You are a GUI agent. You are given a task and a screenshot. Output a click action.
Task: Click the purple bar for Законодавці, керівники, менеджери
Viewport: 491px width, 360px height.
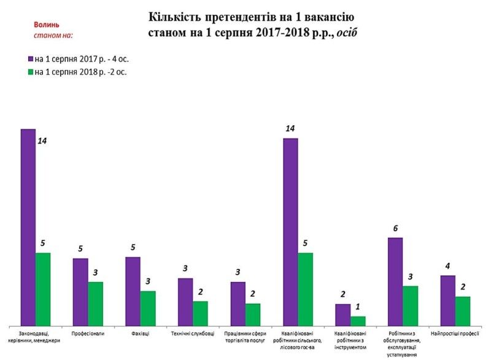pos(28,227)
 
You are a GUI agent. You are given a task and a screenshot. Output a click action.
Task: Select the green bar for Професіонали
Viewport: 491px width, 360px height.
pos(96,304)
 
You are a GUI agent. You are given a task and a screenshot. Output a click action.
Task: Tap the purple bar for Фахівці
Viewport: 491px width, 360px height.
pos(133,291)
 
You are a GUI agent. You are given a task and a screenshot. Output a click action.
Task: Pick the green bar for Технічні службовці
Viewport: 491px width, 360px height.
pos(200,313)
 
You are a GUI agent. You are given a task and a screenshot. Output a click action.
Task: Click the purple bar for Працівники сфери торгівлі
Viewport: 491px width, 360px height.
pos(238,303)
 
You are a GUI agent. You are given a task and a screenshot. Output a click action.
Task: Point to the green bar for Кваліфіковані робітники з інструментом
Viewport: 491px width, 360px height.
pos(358,321)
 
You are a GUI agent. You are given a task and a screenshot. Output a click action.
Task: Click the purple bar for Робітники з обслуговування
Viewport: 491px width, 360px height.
pos(395,281)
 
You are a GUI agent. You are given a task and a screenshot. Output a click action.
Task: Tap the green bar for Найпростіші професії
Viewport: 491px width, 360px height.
pos(463,310)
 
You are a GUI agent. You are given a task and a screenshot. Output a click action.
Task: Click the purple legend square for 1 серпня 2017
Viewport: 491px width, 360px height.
pos(30,59)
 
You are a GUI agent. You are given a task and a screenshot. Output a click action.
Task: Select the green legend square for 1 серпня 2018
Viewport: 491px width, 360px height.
pos(30,72)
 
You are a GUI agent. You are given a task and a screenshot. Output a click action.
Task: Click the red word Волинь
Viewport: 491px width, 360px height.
pos(47,25)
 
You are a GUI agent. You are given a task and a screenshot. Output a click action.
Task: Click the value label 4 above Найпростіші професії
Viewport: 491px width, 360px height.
pos(447,266)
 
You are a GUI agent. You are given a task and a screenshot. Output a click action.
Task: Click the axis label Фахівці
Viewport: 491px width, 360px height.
pos(140,334)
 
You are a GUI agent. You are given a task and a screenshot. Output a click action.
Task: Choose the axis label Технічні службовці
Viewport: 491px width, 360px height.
pos(193,334)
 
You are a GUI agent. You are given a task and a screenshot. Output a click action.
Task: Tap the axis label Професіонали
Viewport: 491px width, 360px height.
pos(88,334)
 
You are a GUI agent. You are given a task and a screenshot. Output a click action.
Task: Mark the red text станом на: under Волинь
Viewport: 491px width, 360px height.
pos(53,35)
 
